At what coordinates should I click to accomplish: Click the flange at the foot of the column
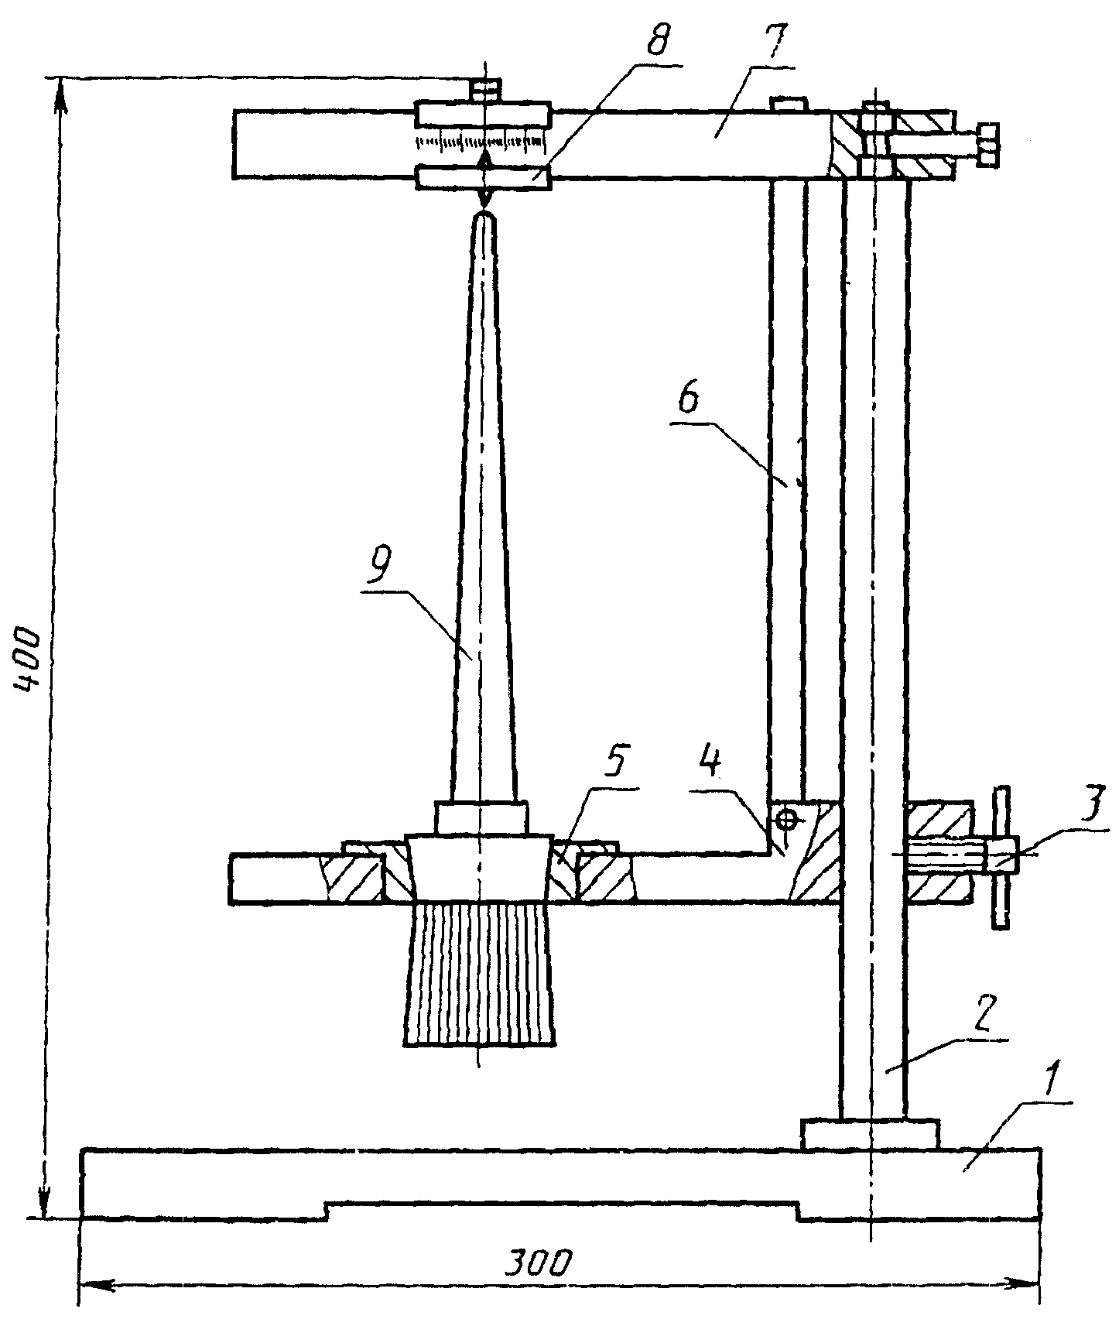coord(871,1133)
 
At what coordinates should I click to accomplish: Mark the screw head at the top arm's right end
coord(986,145)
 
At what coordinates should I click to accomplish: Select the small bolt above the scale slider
coord(484,90)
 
